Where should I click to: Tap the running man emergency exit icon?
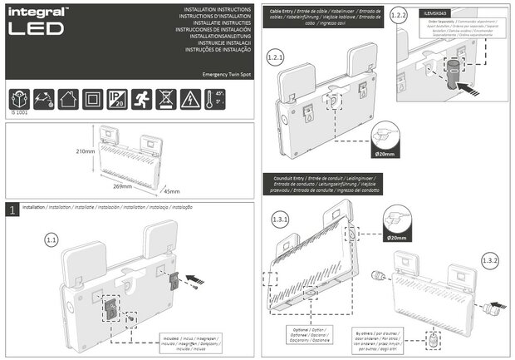(144, 97)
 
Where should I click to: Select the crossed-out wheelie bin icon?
(168, 97)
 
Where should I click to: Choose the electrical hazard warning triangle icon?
(192, 97)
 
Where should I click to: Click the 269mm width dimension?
(122, 186)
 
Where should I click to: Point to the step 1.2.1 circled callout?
(276, 59)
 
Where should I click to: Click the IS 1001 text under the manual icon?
(19, 113)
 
